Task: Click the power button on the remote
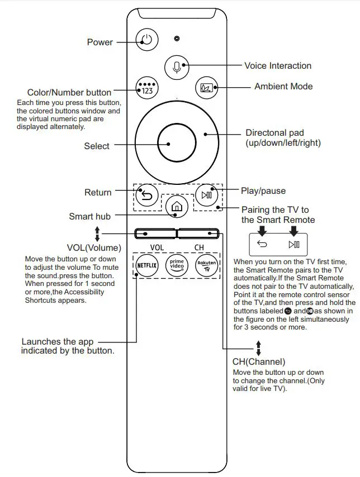pyautogui.click(x=146, y=40)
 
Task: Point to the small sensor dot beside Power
pyautogui.click(x=177, y=39)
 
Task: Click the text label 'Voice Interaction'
pyautogui.click(x=278, y=66)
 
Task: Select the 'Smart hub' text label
pyautogui.click(x=90, y=216)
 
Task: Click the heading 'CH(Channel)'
pyautogui.click(x=259, y=362)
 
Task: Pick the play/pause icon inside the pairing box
pyautogui.click(x=294, y=244)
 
